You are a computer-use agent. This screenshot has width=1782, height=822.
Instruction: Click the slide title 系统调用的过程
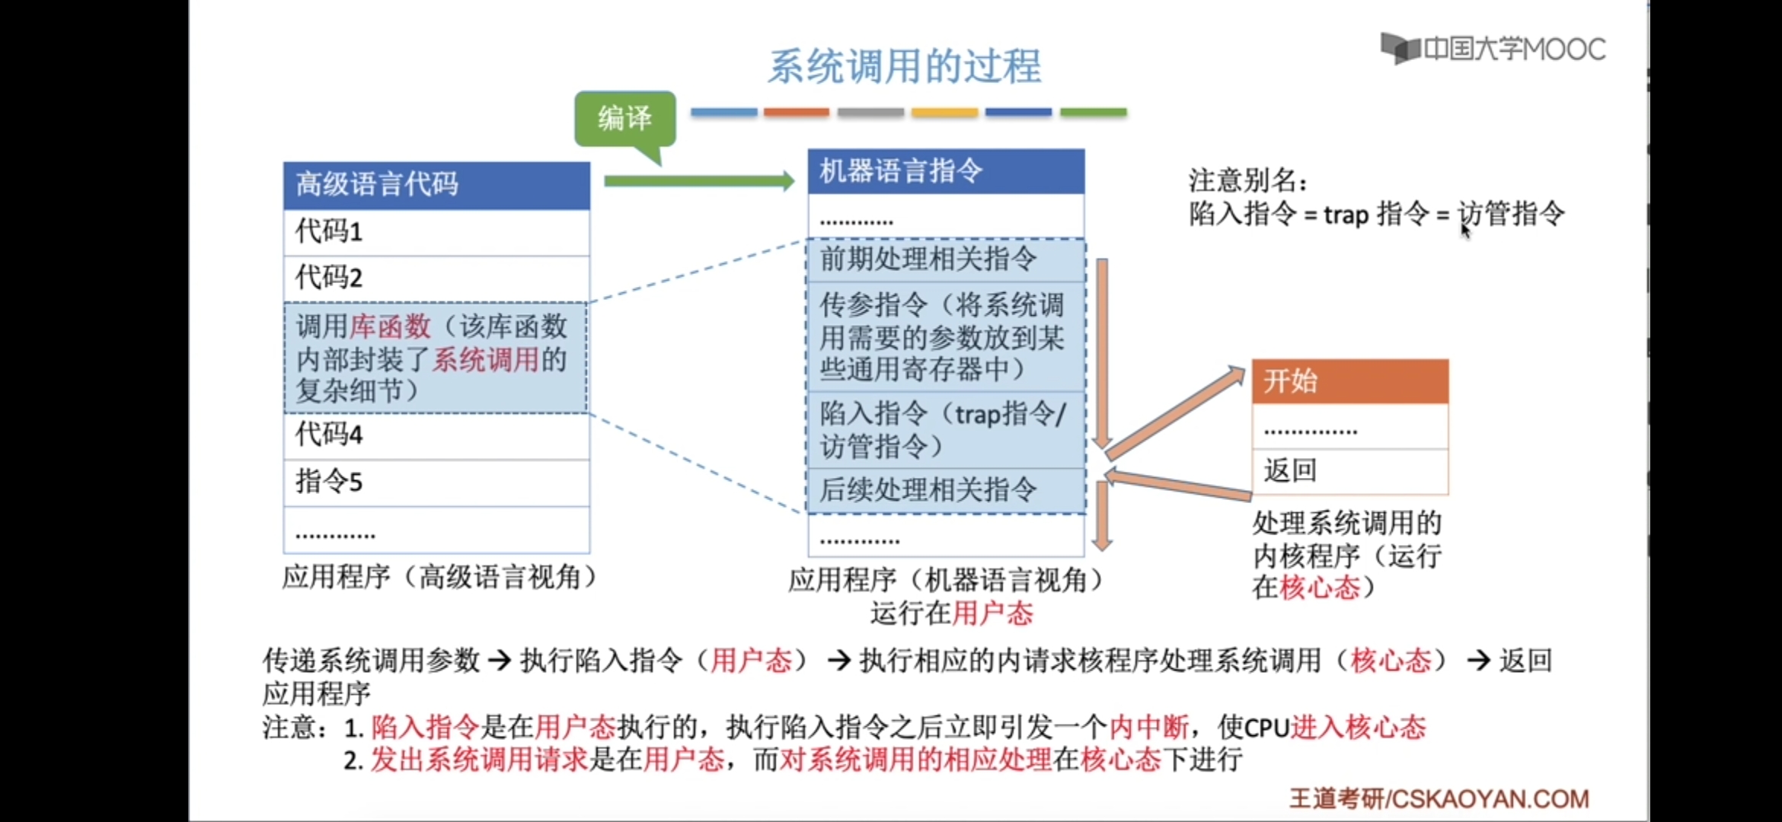(904, 66)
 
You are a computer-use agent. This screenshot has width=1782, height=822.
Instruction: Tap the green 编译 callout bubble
(624, 119)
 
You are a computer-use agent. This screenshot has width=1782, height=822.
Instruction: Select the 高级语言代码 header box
(436, 185)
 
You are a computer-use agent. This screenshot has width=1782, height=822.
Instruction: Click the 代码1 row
(436, 231)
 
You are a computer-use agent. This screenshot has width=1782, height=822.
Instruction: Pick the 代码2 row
(436, 278)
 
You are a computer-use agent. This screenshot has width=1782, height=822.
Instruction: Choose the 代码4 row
(436, 435)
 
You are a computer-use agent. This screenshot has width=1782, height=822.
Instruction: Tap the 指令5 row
(436, 482)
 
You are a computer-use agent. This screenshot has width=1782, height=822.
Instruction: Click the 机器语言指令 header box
(946, 171)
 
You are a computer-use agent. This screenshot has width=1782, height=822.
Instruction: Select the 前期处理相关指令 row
(946, 260)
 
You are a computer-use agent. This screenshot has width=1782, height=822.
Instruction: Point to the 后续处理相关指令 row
(946, 490)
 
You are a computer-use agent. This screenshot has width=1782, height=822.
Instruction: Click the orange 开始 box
(1349, 381)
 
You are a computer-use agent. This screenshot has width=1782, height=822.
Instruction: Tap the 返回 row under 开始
(1349, 471)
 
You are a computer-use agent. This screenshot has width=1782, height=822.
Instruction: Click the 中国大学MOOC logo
(1493, 49)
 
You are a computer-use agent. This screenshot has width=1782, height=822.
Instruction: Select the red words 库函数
(391, 327)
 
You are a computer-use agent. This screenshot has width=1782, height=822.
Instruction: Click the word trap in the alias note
(1346, 215)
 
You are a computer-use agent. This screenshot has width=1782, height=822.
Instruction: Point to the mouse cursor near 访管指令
(1465, 230)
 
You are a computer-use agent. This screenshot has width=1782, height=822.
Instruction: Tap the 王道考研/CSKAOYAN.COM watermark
(1439, 798)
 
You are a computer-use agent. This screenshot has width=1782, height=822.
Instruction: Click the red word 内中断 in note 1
(1148, 728)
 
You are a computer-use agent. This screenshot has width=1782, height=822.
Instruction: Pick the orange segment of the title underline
(796, 113)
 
